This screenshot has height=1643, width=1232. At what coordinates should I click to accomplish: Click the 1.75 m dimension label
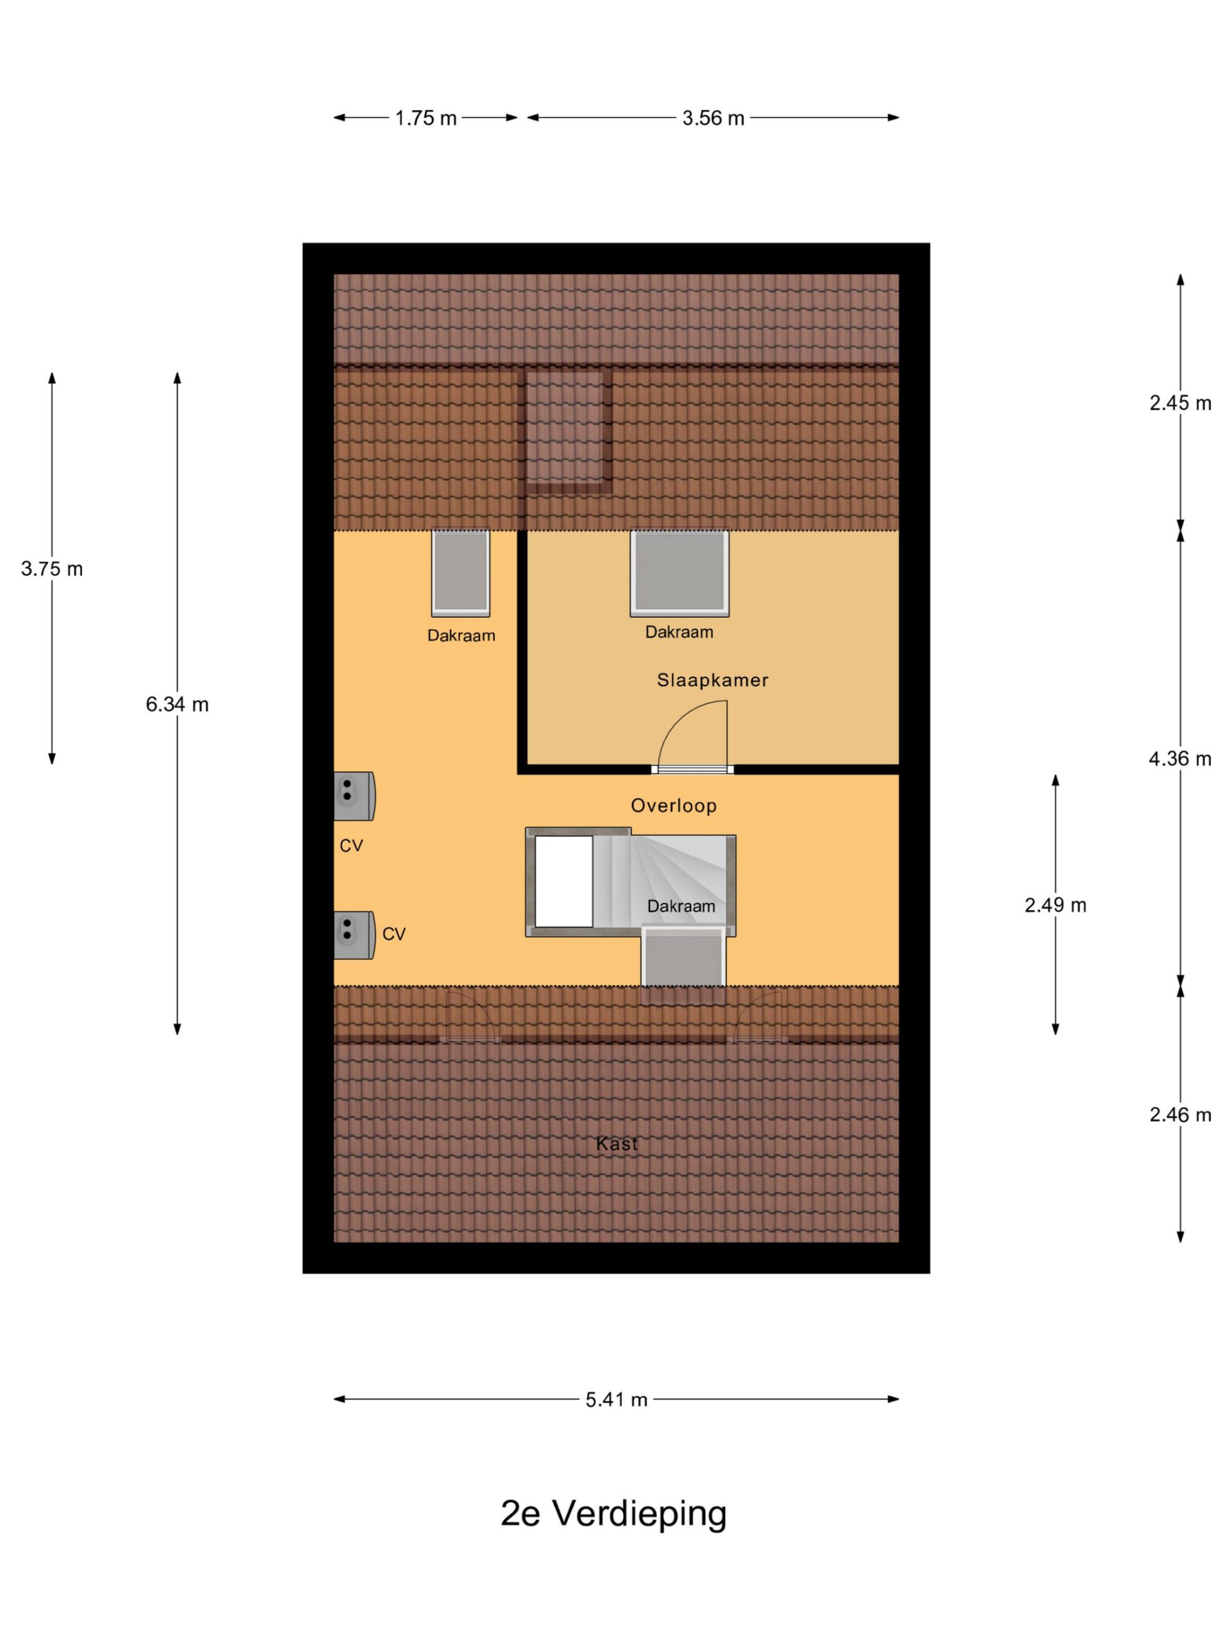pos(425,118)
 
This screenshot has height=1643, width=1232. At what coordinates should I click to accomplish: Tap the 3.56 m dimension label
pos(713,118)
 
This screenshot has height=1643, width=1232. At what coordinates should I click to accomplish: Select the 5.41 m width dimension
pos(617,1399)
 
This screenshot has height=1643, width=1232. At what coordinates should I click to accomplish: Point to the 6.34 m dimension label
pos(178,704)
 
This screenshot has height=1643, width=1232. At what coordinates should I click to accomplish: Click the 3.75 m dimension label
pos(52,569)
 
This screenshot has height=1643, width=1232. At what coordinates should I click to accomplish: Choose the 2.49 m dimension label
pos(1056,905)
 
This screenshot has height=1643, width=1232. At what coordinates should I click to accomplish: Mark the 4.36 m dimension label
pos(1180,759)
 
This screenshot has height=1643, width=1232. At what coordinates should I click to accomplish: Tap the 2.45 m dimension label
pos(1180,402)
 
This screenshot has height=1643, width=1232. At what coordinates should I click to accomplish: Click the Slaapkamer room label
pos(713,680)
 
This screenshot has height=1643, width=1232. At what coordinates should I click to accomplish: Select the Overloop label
pos(674,806)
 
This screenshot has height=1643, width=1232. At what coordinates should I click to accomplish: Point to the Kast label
pos(617,1143)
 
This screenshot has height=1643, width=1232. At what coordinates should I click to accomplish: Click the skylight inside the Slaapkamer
pos(680,572)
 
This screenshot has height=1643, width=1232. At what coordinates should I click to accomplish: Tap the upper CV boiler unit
pos(354,795)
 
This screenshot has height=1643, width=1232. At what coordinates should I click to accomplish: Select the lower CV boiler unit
pos(354,935)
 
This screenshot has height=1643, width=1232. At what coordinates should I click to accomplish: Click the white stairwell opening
pos(563,882)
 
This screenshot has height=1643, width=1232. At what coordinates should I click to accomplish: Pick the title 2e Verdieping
pos(613,1513)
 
